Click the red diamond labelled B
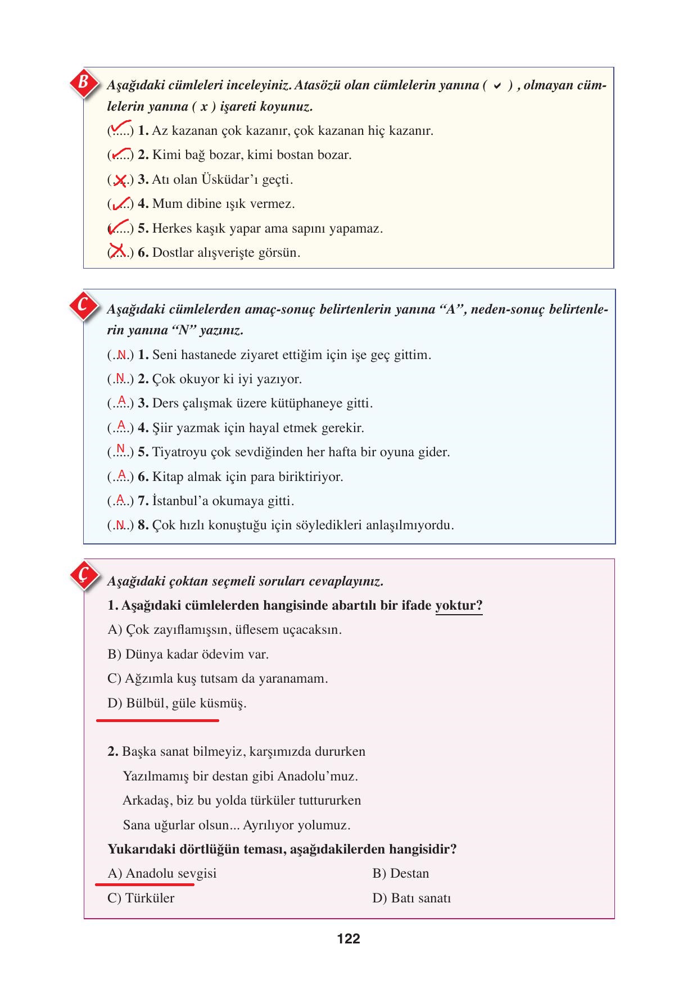(x=84, y=83)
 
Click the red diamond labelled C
(x=83, y=306)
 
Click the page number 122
(x=348, y=938)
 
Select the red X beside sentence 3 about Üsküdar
(x=120, y=180)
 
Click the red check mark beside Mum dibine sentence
(x=121, y=203)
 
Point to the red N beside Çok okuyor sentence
(x=120, y=378)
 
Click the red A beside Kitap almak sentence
(x=121, y=475)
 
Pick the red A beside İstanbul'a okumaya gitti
(x=120, y=499)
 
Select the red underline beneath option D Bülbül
(x=157, y=720)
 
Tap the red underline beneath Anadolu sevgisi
(x=145, y=884)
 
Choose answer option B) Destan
(x=400, y=873)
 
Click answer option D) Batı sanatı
(x=411, y=898)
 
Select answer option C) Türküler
(x=141, y=898)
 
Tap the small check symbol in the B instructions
(x=497, y=86)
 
